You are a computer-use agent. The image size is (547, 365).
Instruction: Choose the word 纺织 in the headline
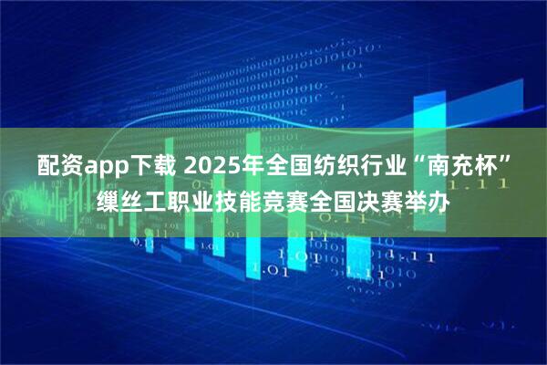[320, 167]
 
